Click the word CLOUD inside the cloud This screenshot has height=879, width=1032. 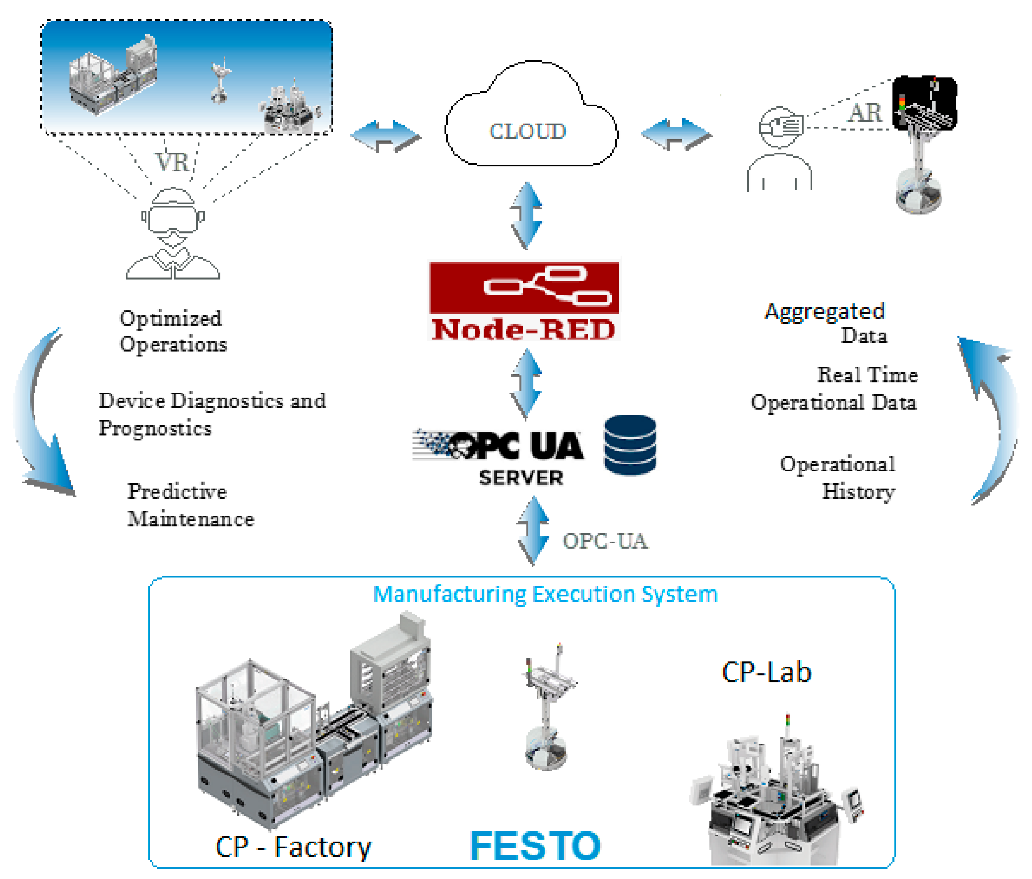528,131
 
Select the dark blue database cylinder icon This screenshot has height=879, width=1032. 630,445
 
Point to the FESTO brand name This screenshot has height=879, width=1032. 535,846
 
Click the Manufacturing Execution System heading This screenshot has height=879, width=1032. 545,594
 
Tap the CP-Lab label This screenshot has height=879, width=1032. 766,672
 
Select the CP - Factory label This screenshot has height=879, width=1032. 293,847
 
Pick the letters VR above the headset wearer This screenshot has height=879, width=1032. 172,162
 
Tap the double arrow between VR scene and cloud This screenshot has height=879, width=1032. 385,136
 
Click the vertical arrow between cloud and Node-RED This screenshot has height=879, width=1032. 526,215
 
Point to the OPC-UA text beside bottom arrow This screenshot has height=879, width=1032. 605,541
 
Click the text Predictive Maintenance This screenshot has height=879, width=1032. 190,505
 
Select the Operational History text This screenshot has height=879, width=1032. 842,477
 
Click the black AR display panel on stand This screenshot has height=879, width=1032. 924,103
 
